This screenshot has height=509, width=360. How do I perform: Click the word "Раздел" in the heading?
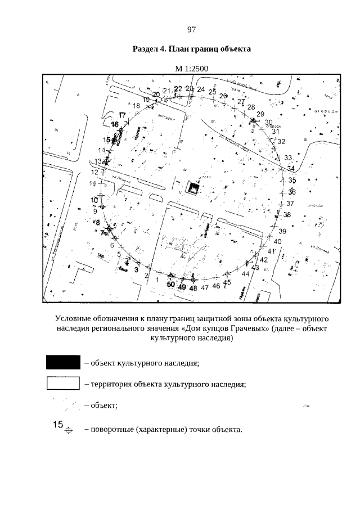[x=146, y=49]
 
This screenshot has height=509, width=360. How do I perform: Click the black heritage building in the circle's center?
[x=194, y=188]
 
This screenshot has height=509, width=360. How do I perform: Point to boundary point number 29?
[x=260, y=114]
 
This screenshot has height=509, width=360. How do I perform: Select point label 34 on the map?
[x=290, y=168]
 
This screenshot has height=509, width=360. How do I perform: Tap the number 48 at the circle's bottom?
[x=193, y=287]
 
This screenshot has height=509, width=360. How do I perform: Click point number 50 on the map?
[x=171, y=285]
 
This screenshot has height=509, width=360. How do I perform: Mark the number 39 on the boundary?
[x=282, y=231]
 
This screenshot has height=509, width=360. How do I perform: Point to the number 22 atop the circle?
[x=178, y=88]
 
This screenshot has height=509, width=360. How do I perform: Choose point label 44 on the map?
[x=245, y=273]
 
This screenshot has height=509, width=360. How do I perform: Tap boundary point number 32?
[x=281, y=141]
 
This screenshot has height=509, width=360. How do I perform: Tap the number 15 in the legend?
[x=57, y=425]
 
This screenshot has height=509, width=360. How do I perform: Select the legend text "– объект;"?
[x=101, y=405]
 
